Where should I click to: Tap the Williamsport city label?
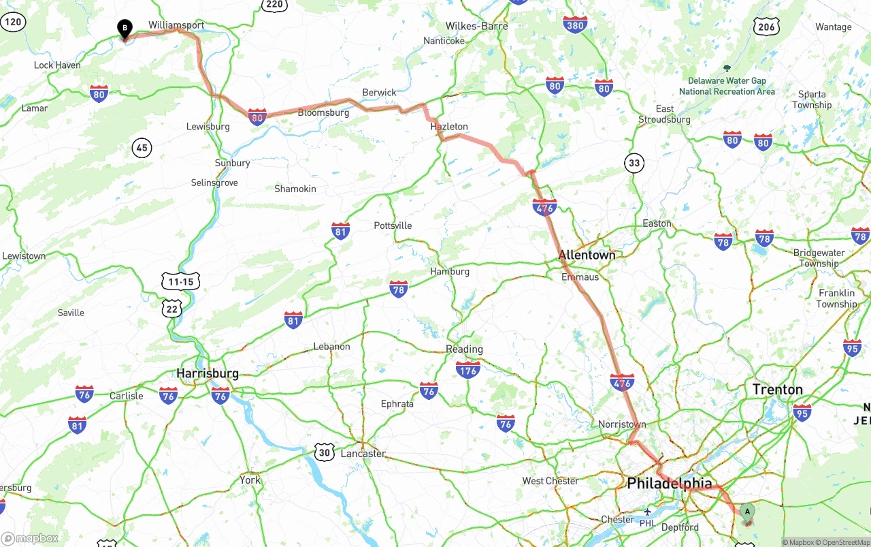click(176, 25)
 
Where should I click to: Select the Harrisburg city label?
click(208, 373)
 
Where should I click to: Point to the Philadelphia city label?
click(670, 484)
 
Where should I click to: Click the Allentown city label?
click(587, 255)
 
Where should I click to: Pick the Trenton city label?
click(777, 390)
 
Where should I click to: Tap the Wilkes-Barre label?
click(476, 26)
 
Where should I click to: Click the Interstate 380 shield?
click(575, 25)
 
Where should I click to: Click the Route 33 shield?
click(634, 163)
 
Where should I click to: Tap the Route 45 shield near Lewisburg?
click(142, 147)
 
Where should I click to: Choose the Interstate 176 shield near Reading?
click(467, 369)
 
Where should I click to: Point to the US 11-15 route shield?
click(180, 281)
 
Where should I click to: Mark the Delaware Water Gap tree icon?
click(727, 68)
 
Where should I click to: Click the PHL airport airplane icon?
click(647, 512)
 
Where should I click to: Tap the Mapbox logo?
click(29, 538)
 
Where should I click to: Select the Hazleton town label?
click(449, 127)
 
